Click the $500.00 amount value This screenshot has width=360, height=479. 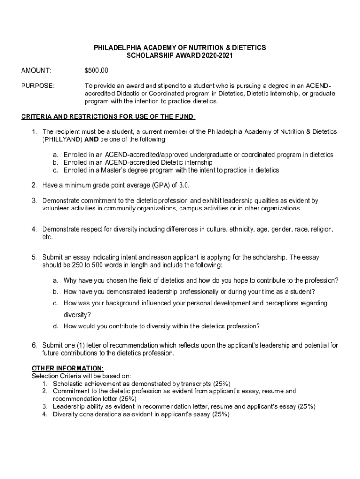96,71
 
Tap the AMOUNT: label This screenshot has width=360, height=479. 36,71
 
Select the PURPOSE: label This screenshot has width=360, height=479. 38,86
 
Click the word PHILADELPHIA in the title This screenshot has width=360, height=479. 116,48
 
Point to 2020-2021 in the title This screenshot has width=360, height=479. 217,56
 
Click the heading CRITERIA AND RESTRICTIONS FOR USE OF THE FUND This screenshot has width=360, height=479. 108,116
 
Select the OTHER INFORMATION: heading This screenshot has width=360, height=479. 68,368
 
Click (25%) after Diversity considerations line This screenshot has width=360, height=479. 221,414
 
